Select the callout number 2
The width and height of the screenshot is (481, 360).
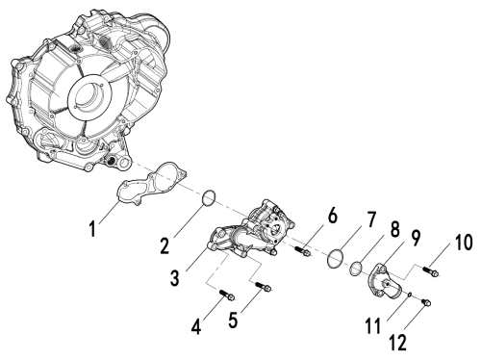click(165, 245)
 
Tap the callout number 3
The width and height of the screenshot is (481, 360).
click(175, 277)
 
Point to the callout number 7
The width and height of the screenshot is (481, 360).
click(370, 219)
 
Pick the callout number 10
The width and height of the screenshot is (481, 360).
click(463, 242)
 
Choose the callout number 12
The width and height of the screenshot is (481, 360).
click(398, 342)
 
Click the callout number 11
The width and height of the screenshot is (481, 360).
click(373, 326)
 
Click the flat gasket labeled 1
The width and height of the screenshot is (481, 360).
click(151, 185)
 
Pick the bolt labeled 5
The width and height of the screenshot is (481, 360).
click(264, 286)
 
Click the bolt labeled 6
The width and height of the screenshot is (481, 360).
click(302, 251)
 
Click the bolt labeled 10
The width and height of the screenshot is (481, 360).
click(430, 270)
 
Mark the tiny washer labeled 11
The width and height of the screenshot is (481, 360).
click(410, 294)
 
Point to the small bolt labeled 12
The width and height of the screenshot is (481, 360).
click(426, 302)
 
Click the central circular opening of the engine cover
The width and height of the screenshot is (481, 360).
click(89, 95)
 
